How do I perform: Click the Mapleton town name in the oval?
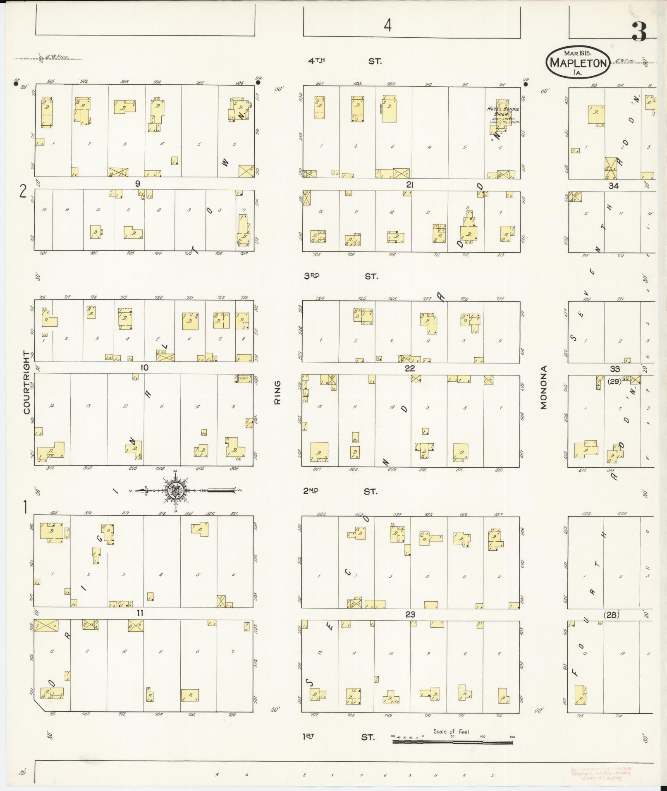point(578,63)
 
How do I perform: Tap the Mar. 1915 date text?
point(578,53)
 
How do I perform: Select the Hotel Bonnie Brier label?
point(503,111)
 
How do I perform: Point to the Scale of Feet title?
point(451,731)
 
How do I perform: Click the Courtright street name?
point(27,382)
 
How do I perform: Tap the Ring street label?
point(277,392)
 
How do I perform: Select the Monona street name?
point(543,387)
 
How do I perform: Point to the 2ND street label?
point(311,491)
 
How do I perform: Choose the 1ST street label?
point(308,736)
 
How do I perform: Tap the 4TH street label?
point(316,61)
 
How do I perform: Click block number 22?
point(409,368)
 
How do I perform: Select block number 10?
point(144,368)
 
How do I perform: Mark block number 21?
point(409,185)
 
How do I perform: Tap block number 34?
point(614,186)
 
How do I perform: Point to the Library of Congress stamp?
point(600,773)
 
